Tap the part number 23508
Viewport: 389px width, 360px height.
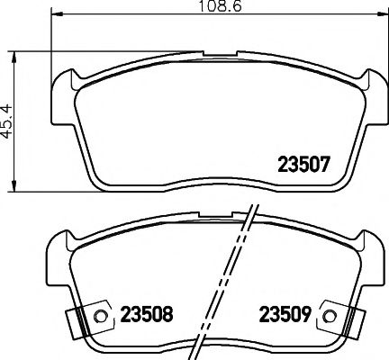click(145, 316)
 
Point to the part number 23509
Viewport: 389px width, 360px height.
click(285, 316)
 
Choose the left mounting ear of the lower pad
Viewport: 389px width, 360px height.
click(59, 245)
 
